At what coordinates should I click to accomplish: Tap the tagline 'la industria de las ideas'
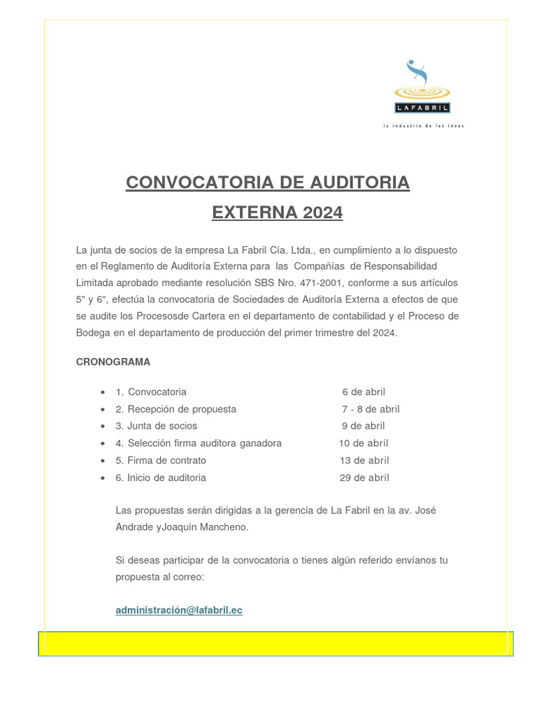click(423, 126)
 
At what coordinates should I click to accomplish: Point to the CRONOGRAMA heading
click(113, 362)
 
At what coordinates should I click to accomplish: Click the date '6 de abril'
click(364, 392)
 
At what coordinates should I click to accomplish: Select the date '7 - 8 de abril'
click(371, 409)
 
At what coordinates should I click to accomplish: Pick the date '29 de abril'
click(364, 478)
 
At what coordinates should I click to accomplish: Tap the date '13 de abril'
click(364, 460)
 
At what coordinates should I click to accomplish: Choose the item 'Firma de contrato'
click(166, 460)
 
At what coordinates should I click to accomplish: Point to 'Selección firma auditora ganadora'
click(204, 443)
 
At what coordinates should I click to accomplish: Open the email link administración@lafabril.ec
click(179, 610)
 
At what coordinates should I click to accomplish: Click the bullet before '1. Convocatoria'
click(103, 392)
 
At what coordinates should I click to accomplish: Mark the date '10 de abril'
click(364, 443)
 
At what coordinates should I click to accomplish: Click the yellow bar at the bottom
click(275, 643)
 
